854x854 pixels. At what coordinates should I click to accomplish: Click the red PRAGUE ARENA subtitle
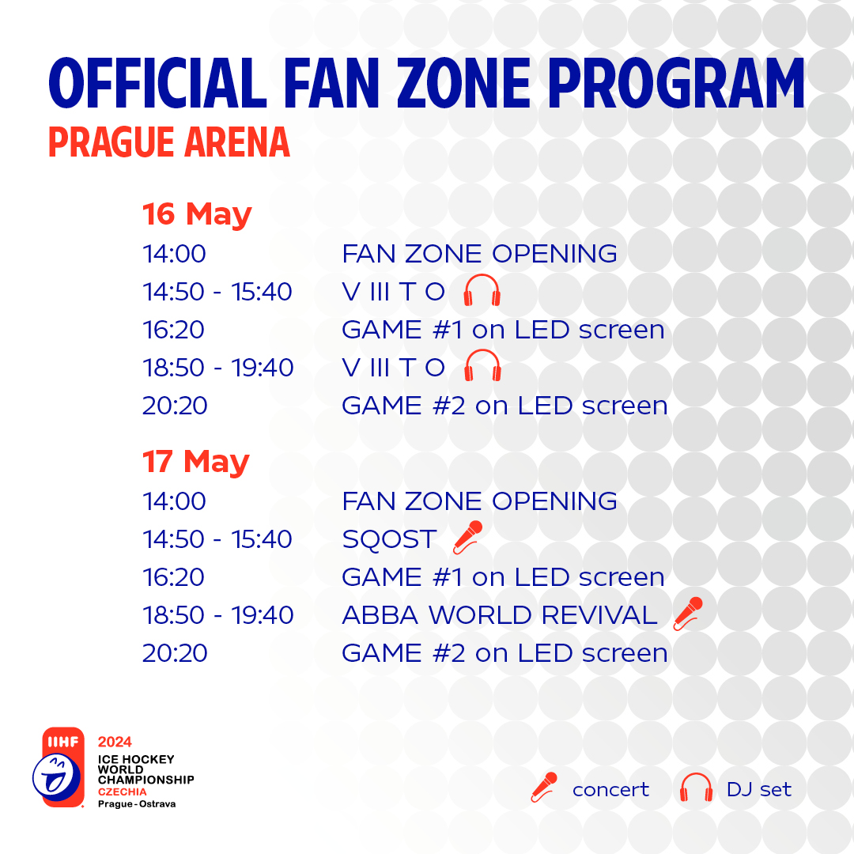pyautogui.click(x=169, y=142)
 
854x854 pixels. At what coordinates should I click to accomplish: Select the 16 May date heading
pyautogui.click(x=197, y=213)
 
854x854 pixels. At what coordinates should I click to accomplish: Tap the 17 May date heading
pyautogui.click(x=196, y=461)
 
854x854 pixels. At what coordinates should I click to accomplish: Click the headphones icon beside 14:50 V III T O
pyautogui.click(x=482, y=289)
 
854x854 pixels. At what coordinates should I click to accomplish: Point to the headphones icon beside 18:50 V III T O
pyautogui.click(x=482, y=365)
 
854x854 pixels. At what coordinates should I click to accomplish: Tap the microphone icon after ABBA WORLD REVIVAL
pyautogui.click(x=688, y=614)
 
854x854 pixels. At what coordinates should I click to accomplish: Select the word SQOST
pyautogui.click(x=389, y=539)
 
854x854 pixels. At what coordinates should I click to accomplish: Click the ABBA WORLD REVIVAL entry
pyautogui.click(x=500, y=615)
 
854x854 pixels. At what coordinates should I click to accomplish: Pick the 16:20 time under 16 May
pyautogui.click(x=174, y=330)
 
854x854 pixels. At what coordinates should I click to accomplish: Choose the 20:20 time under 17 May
pyautogui.click(x=175, y=652)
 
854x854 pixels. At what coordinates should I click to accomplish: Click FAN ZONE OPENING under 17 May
pyautogui.click(x=479, y=501)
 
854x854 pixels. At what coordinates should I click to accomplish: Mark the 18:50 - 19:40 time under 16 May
pyautogui.click(x=218, y=368)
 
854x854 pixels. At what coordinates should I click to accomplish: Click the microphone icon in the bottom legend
pyautogui.click(x=544, y=787)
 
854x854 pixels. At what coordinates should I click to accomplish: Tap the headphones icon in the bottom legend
pyautogui.click(x=696, y=788)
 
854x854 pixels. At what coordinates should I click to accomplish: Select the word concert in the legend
pyautogui.click(x=610, y=790)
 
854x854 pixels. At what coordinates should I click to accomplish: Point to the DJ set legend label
pyautogui.click(x=758, y=789)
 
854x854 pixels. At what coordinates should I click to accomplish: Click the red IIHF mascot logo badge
pyautogui.click(x=59, y=767)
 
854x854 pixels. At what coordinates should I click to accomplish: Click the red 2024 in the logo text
pyautogui.click(x=115, y=742)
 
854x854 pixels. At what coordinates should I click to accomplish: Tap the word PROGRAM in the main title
pyautogui.click(x=676, y=83)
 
